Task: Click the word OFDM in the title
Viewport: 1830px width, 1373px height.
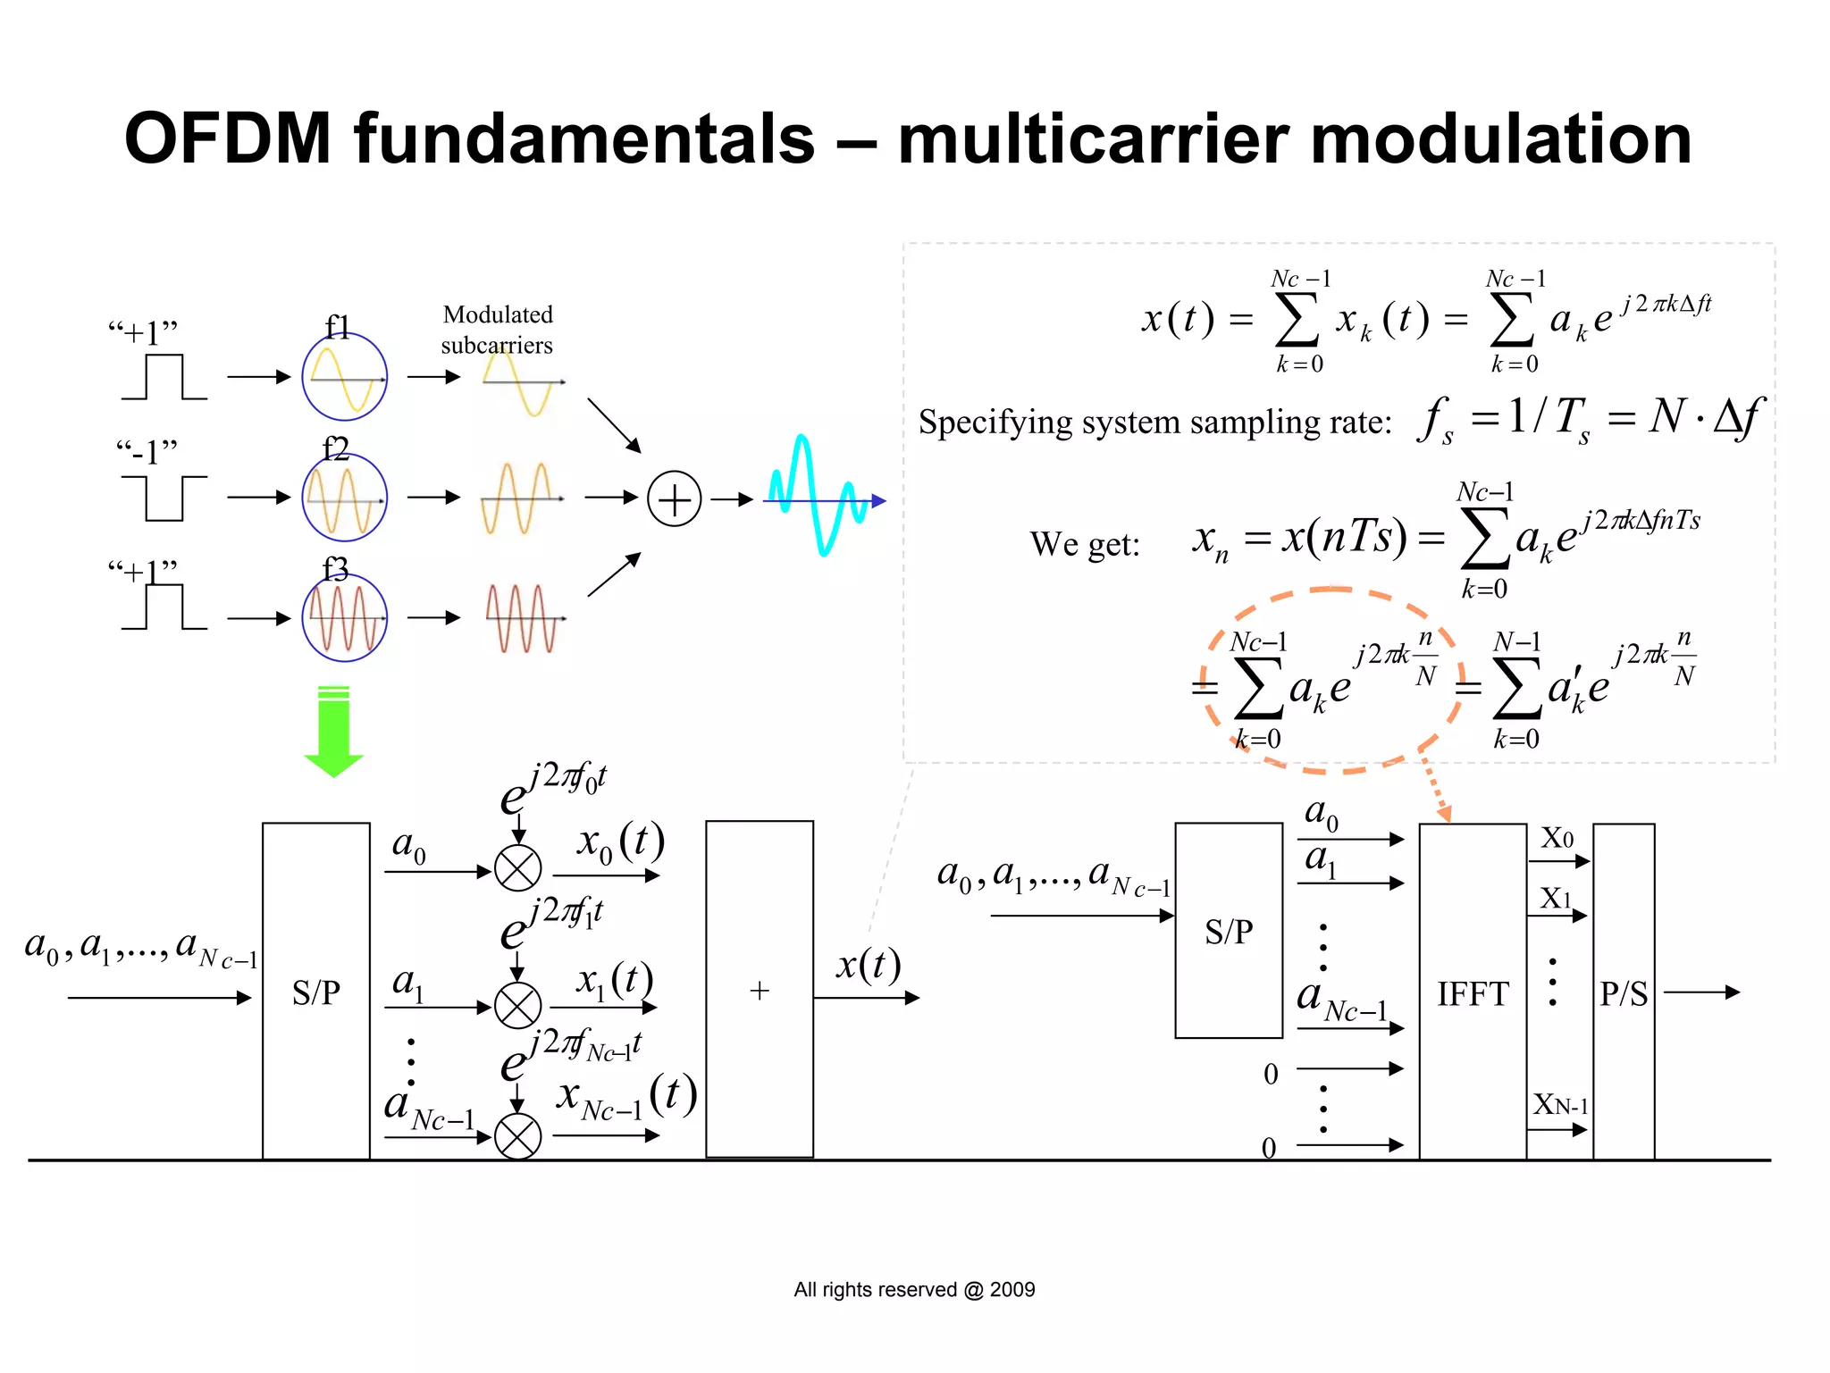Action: point(228,138)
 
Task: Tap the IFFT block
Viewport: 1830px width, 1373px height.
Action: point(1472,992)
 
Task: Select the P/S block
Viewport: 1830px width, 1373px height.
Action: point(1623,992)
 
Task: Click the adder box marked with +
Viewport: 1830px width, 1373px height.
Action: point(759,990)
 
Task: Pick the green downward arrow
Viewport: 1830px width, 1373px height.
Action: point(333,733)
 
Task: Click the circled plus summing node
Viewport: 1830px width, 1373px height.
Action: point(674,498)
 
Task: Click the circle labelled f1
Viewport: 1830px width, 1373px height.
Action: point(344,377)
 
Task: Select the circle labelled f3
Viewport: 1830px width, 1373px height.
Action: point(344,618)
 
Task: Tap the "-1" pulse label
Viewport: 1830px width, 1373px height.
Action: point(147,452)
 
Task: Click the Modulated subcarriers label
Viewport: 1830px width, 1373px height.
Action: point(497,330)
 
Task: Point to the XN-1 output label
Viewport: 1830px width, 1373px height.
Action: point(1560,1105)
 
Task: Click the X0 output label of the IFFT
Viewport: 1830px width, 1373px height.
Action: point(1557,838)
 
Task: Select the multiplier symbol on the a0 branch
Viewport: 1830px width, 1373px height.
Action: point(517,868)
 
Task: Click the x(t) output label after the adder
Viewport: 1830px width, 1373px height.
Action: point(868,965)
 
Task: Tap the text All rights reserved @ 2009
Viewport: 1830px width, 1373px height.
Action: point(914,1289)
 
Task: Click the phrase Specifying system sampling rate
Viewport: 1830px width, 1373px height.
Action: point(1154,422)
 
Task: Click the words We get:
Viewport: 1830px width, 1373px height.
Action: point(1085,544)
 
